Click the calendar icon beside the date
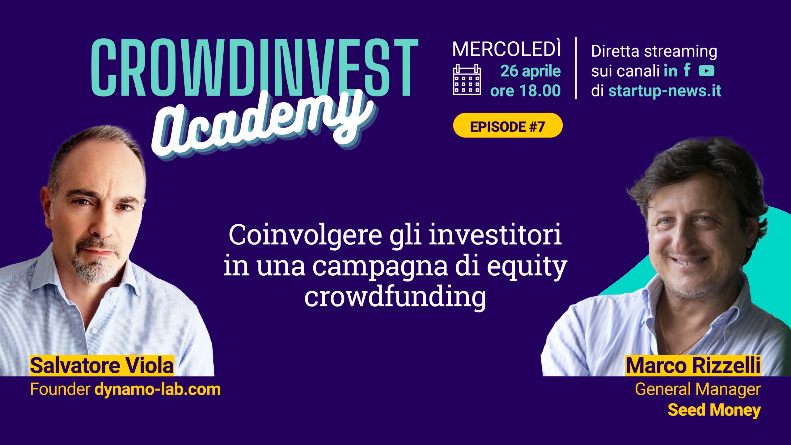[467, 79]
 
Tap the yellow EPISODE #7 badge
[508, 125]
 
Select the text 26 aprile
[531, 71]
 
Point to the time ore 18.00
[525, 91]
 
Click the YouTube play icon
[707, 71]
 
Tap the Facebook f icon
[687, 70]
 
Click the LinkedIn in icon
[670, 71]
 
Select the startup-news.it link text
[665, 91]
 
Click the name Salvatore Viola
[102, 366]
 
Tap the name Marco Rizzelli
[693, 366]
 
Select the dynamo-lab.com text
[158, 389]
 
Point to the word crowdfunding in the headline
[395, 297]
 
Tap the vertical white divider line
[576, 68]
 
